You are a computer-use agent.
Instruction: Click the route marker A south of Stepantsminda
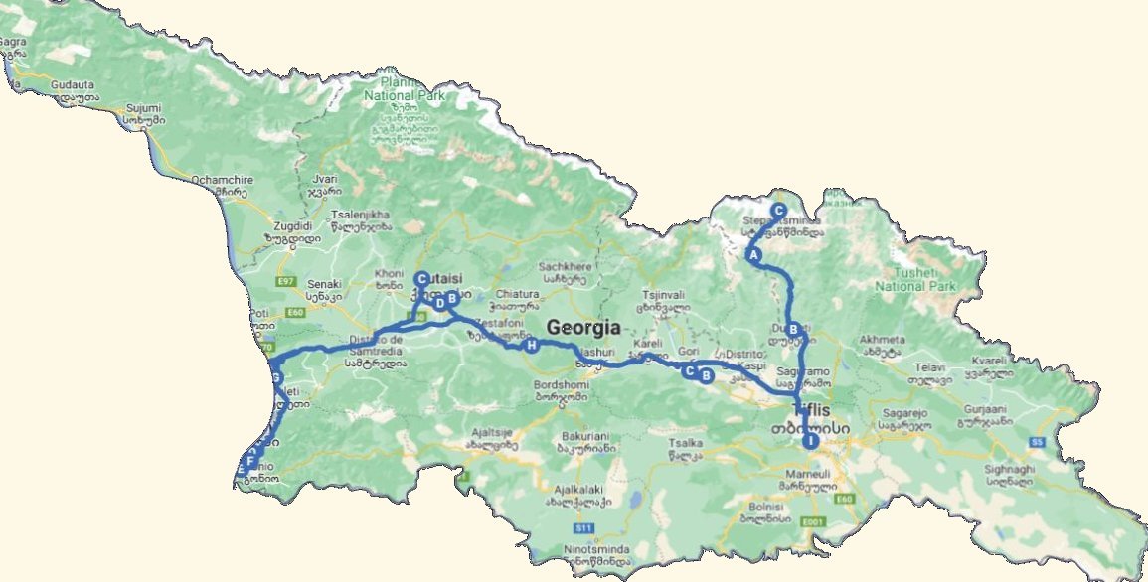point(753,255)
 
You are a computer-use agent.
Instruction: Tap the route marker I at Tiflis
point(811,440)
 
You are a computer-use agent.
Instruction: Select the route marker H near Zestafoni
point(532,345)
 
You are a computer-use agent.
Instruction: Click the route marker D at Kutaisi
point(438,304)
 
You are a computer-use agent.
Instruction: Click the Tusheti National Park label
point(914,279)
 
